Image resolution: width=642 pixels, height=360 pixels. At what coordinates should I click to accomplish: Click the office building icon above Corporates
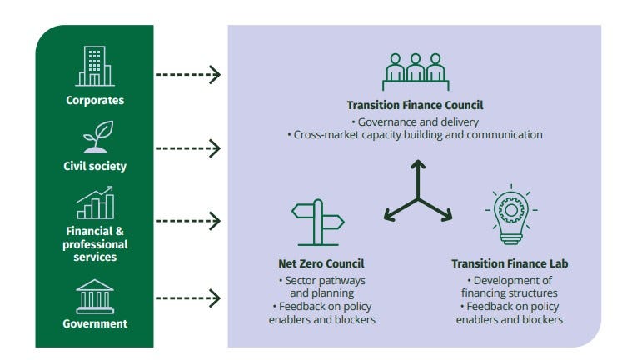point(95,66)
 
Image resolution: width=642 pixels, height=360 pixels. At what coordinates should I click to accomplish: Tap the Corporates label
point(95,101)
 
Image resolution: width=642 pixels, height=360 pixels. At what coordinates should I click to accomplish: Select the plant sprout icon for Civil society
point(95,137)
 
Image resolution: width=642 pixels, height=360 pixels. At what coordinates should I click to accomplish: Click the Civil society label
point(95,166)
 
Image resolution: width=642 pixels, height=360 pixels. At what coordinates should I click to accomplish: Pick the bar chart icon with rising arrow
point(95,202)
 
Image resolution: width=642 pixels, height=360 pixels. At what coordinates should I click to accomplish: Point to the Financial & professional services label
point(95,245)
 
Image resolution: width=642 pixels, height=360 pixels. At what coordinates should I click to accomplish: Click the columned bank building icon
point(95,296)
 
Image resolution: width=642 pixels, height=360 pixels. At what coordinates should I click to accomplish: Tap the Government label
point(95,323)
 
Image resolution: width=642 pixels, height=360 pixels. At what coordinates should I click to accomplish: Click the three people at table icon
point(415,72)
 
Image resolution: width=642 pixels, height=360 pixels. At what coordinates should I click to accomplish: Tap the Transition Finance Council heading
point(415,106)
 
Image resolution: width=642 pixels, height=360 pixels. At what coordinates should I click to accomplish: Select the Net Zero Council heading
point(321,264)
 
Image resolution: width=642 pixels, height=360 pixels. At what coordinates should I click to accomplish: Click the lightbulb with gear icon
point(510,216)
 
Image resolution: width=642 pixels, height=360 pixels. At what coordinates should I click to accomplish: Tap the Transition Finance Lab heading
point(510,264)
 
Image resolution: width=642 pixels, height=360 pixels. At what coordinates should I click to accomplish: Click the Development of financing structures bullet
point(510,286)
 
